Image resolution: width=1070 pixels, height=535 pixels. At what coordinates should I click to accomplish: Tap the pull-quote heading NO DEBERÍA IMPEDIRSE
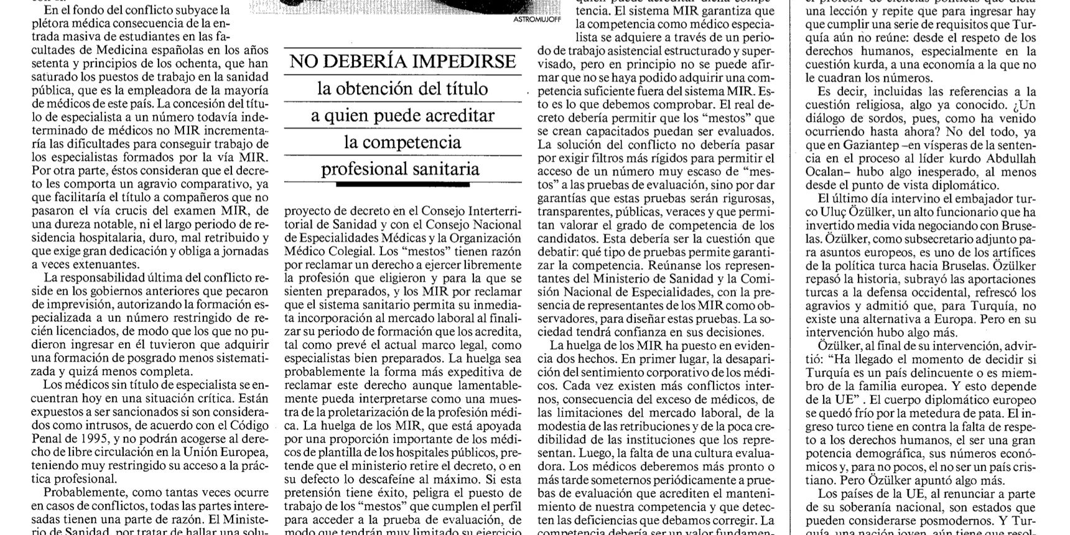[403, 62]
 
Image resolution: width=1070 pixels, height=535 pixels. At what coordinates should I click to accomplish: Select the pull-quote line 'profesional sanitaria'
[400, 169]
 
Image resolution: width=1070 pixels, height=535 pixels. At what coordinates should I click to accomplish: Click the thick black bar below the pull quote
[399, 184]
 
